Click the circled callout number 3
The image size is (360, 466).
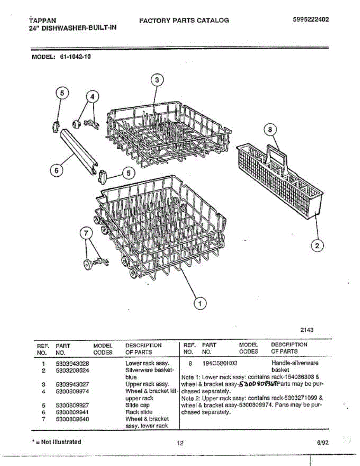[x=156, y=80]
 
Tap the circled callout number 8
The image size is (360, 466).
[x=271, y=130]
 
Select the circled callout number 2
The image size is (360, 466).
[x=317, y=245]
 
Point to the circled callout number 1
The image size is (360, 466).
[x=200, y=303]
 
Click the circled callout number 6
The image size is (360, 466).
[x=57, y=170]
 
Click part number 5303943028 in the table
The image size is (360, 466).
[x=73, y=363]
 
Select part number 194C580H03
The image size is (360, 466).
[x=220, y=363]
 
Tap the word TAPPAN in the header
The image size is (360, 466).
[x=43, y=20]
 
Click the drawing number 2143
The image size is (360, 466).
[x=307, y=330]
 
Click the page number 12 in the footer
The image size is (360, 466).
[x=180, y=443]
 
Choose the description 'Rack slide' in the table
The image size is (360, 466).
[x=139, y=412]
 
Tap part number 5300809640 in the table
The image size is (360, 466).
[x=73, y=419]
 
